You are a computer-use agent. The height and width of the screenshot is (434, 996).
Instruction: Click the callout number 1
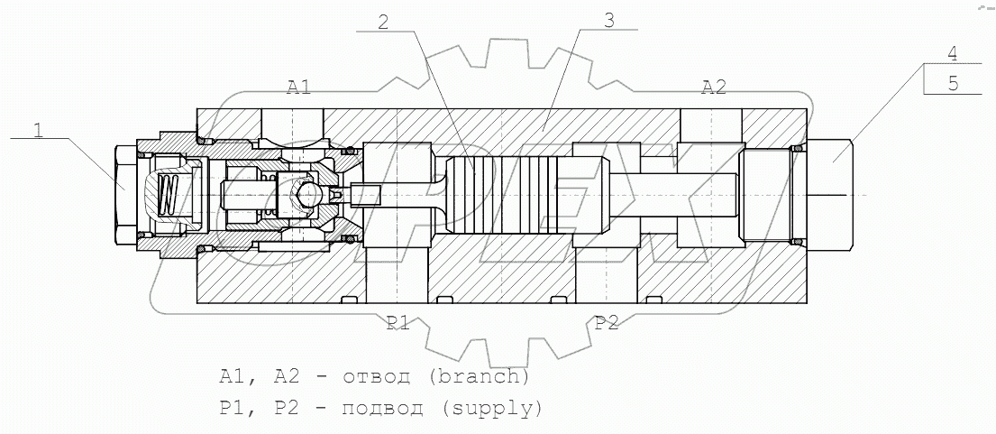coord(38,130)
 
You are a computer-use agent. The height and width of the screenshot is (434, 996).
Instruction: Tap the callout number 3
coord(609,22)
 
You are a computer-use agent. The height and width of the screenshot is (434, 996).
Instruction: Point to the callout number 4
coord(953,53)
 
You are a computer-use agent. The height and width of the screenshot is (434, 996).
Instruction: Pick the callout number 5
coord(953,83)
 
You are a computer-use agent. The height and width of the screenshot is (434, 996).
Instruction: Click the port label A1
coord(298,87)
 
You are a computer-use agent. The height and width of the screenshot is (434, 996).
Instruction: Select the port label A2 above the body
coord(714,87)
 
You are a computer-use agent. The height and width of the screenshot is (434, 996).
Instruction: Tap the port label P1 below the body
coord(398,324)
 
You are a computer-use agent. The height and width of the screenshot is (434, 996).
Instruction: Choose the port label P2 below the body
coord(607,324)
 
